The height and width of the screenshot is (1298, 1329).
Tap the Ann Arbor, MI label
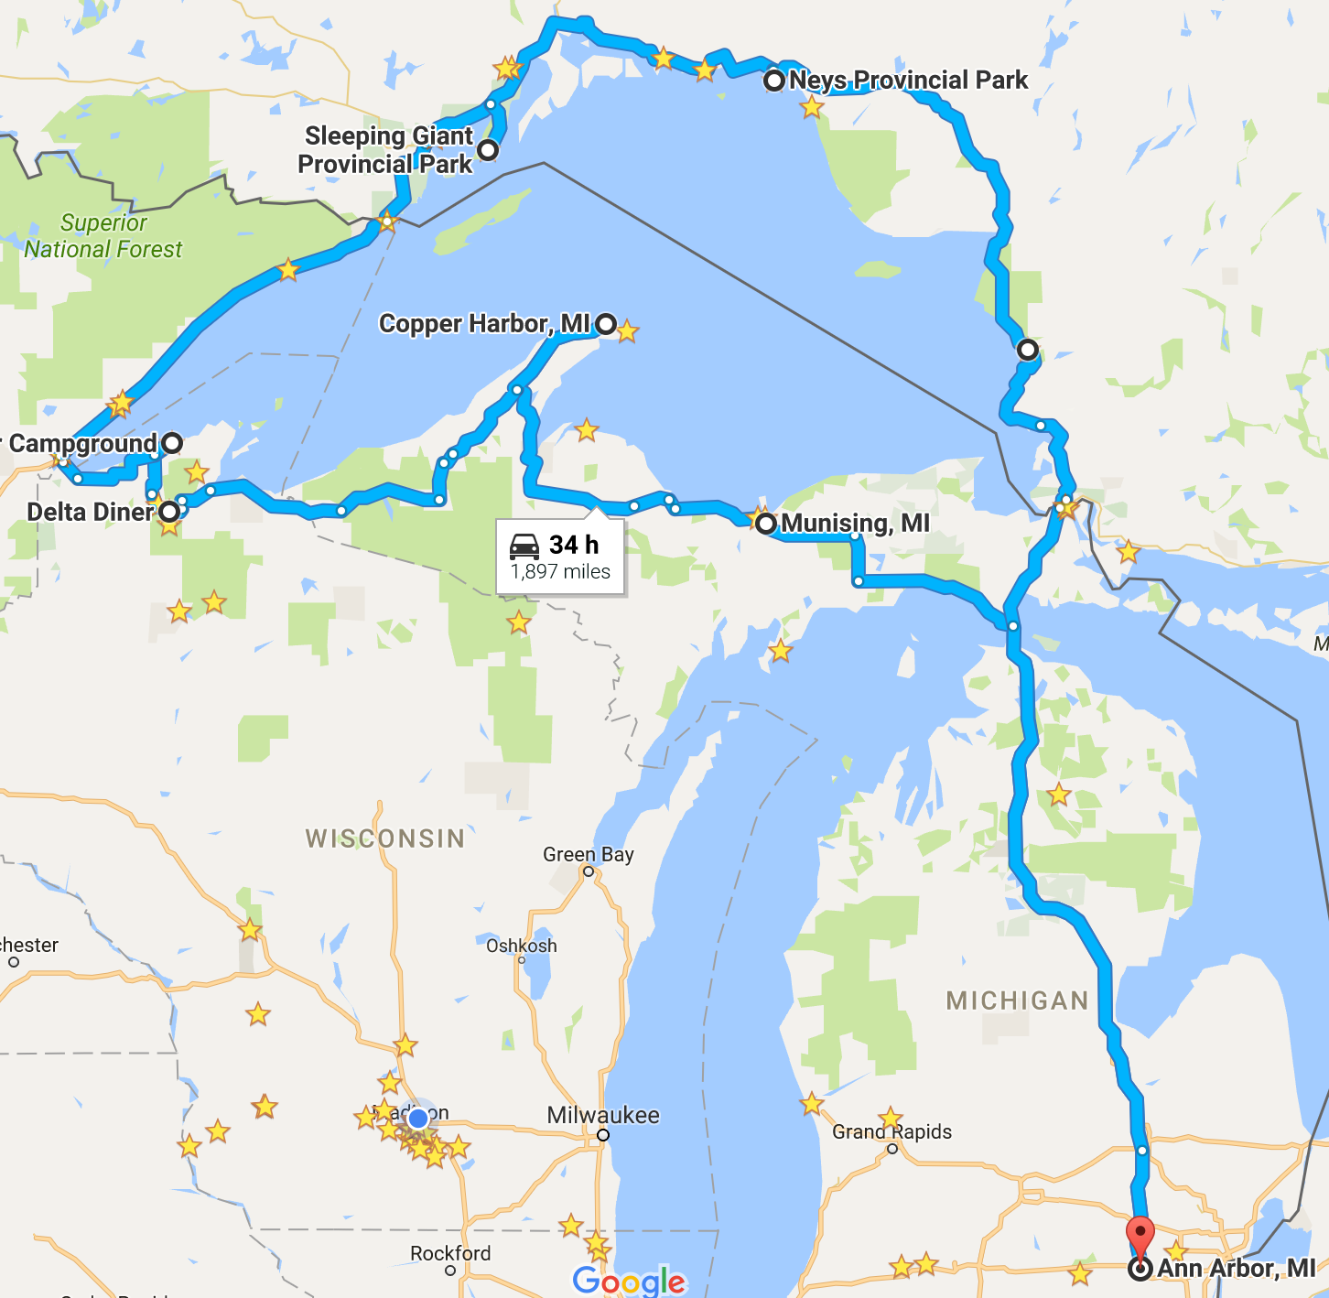tap(1236, 1269)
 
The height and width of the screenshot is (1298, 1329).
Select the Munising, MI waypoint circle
tap(766, 524)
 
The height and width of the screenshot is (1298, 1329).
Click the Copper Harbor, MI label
tap(484, 324)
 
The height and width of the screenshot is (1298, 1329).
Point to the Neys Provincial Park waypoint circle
tap(774, 81)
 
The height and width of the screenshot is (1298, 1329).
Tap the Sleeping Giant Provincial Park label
tap(387, 150)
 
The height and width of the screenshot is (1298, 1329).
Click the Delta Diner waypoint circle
tap(169, 512)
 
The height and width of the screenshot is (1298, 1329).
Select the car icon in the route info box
tap(524, 546)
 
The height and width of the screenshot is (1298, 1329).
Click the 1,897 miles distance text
tap(560, 572)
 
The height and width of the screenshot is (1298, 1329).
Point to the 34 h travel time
tap(574, 546)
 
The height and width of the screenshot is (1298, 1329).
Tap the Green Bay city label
tap(588, 854)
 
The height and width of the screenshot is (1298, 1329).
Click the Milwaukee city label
tap(602, 1115)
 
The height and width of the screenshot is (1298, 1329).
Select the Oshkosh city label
tap(521, 946)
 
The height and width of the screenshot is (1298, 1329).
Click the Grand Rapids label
tap(891, 1131)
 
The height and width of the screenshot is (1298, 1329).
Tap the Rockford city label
tap(449, 1253)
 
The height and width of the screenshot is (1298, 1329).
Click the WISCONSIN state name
tap(385, 838)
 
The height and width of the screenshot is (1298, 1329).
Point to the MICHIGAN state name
tap(1017, 1001)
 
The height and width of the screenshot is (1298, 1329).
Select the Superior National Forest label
tap(103, 236)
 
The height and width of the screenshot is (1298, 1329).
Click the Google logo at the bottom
tap(629, 1281)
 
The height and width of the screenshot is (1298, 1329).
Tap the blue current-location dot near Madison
tap(418, 1119)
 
